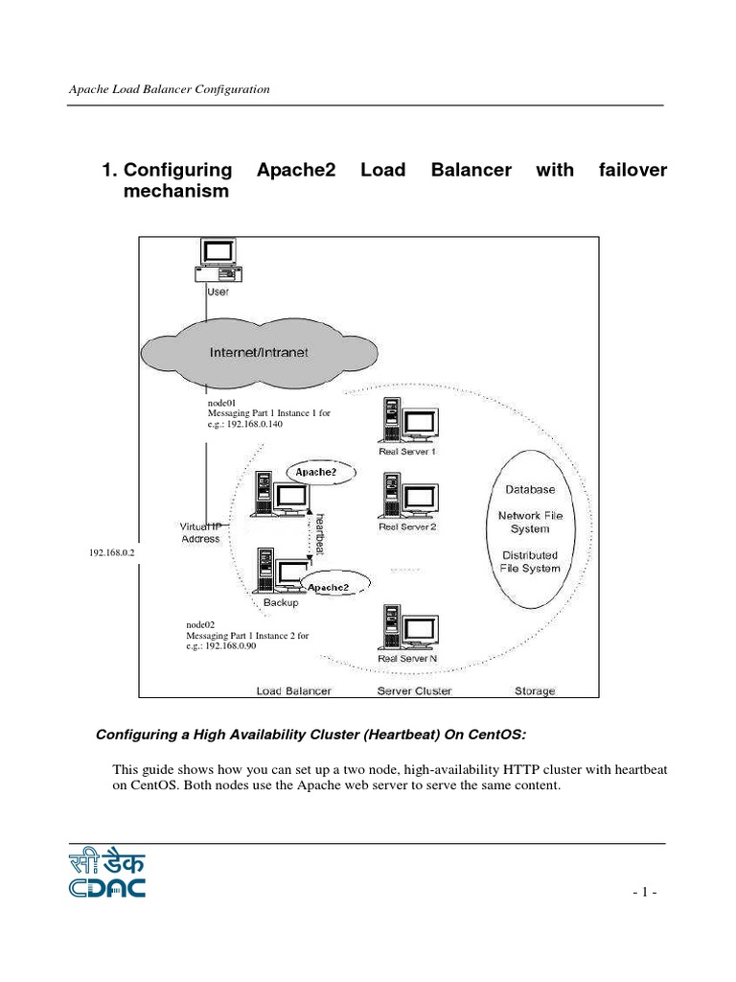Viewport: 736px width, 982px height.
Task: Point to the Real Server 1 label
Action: click(x=407, y=451)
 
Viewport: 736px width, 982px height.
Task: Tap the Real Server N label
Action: click(x=407, y=659)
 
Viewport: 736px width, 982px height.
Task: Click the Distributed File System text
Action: click(x=529, y=562)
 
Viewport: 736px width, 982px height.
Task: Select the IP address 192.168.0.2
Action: click(x=113, y=553)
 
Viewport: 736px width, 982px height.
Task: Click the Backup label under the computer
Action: click(x=281, y=603)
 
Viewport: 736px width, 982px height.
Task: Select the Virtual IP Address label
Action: click(x=200, y=532)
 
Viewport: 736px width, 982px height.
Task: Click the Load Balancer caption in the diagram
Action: click(x=294, y=690)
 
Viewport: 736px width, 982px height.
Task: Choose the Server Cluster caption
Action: click(x=414, y=690)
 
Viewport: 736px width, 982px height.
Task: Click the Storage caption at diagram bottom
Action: click(x=534, y=690)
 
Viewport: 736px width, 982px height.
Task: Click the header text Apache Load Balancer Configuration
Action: click(x=169, y=89)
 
